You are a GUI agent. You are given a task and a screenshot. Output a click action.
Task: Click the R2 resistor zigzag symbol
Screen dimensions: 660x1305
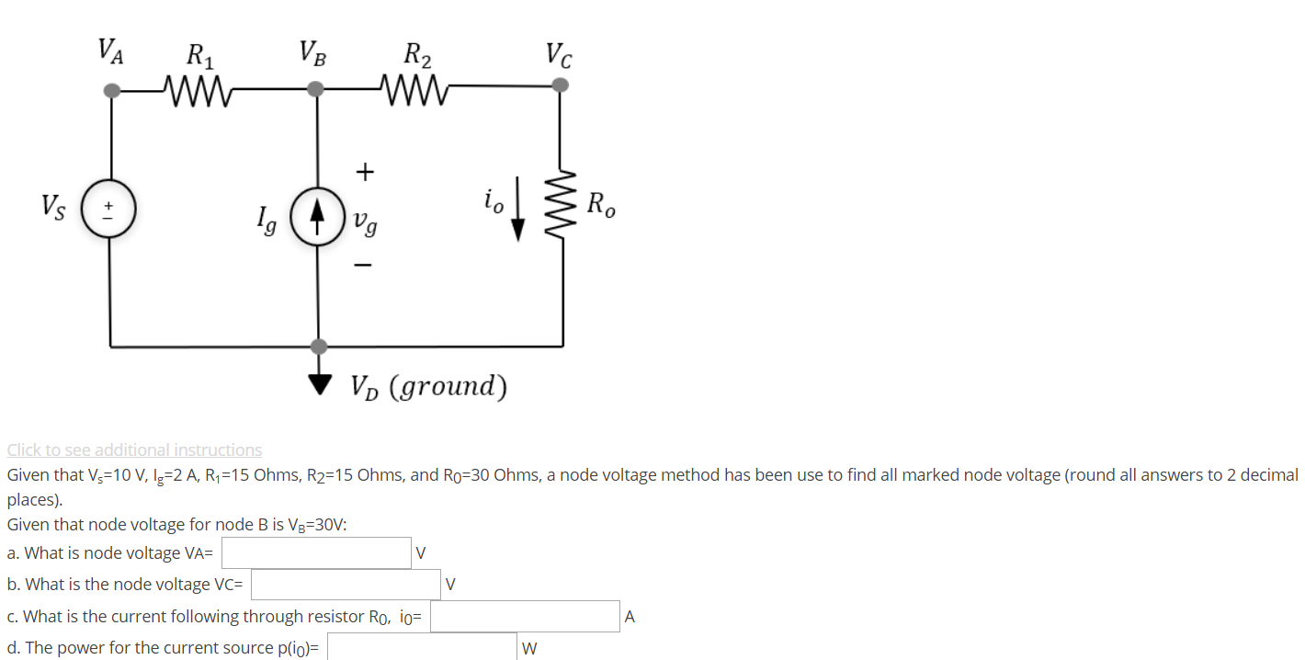click(415, 90)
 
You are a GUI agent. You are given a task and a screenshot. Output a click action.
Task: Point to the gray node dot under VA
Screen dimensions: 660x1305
click(111, 90)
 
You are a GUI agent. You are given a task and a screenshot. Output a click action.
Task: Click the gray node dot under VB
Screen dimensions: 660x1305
click(317, 89)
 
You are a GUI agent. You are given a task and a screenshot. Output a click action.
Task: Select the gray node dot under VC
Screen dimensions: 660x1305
click(560, 85)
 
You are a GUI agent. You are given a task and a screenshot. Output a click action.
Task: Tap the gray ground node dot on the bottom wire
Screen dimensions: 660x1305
click(318, 347)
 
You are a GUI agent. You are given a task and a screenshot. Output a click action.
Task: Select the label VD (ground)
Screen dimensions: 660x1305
click(428, 386)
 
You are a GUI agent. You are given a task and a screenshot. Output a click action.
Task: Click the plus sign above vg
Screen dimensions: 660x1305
click(366, 172)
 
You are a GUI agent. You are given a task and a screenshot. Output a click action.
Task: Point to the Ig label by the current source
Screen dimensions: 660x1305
click(267, 221)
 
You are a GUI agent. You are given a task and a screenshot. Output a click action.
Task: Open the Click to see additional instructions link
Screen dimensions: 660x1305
click(134, 449)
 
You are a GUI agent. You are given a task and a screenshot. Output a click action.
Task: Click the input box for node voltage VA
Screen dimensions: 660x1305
click(315, 552)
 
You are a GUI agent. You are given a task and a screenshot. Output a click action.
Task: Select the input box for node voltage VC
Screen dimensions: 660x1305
click(346, 584)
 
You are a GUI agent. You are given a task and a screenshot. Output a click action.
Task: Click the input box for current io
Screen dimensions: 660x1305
click(525, 616)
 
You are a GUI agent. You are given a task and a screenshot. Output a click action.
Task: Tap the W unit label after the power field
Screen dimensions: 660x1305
click(528, 648)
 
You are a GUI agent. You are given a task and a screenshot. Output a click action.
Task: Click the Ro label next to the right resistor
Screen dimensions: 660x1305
click(602, 203)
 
